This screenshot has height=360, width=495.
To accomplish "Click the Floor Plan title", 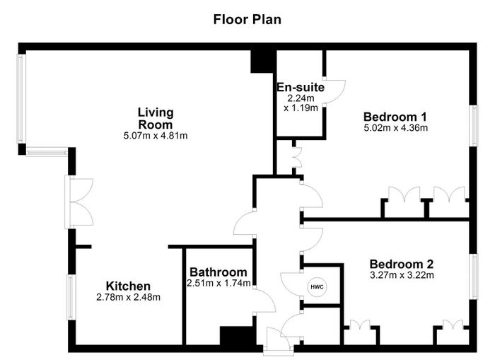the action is click(x=248, y=20).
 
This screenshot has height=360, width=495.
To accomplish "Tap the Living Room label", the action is click(x=156, y=118).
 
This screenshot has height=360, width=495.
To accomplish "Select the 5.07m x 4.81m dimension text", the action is click(x=156, y=136).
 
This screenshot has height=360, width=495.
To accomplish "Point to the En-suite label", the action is click(x=301, y=87).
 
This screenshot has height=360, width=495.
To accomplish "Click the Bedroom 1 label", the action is click(x=395, y=117).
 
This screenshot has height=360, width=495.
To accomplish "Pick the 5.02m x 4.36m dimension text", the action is click(x=396, y=128).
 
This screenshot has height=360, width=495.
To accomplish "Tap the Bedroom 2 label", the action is click(x=402, y=264).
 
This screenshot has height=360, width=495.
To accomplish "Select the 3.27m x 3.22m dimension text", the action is click(x=402, y=275).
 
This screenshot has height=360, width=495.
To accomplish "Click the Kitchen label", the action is click(x=128, y=286).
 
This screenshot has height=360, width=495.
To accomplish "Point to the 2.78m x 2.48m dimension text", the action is click(x=128, y=297).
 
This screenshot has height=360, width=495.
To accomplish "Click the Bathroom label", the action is click(x=219, y=272).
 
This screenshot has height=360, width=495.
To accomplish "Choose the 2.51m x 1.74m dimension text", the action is click(x=219, y=284).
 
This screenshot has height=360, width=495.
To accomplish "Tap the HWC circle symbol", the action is click(x=317, y=287).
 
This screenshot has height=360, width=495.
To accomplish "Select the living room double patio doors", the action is click(x=79, y=202).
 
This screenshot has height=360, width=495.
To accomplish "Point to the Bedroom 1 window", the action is click(x=474, y=126).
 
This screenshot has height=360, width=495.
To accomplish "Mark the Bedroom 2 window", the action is click(x=474, y=277).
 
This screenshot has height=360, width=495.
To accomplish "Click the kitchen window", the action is click(x=71, y=297).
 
